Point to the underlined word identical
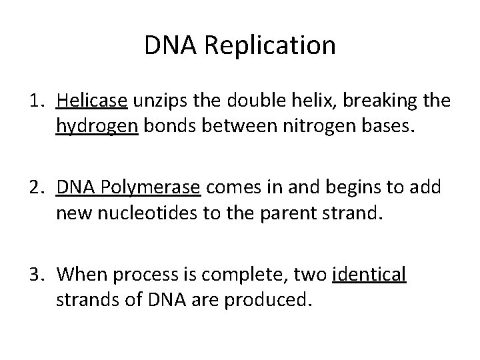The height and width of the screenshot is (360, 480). [369, 275]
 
